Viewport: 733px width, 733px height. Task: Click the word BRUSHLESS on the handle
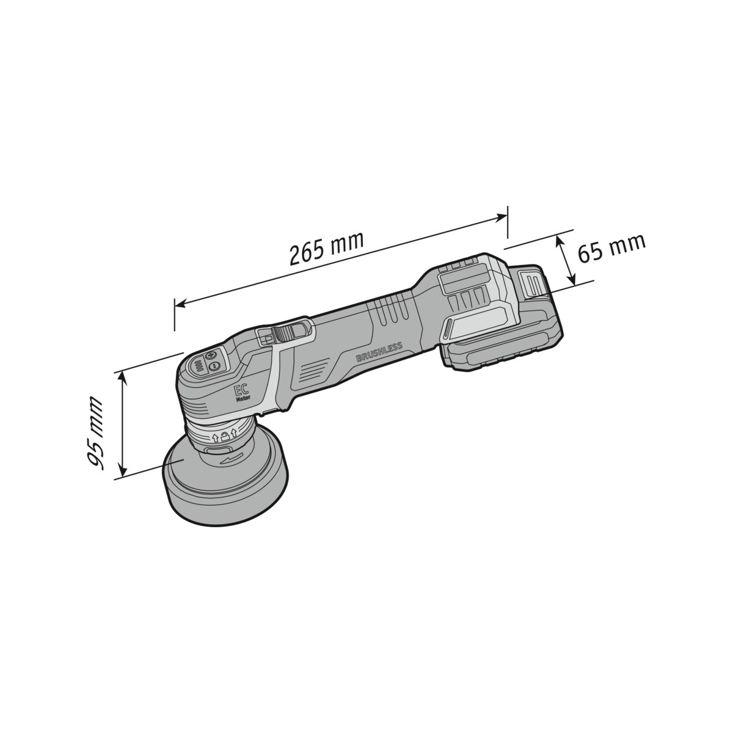tap(379, 352)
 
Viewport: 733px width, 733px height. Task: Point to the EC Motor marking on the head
tap(242, 393)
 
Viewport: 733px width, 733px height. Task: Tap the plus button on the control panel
tap(210, 356)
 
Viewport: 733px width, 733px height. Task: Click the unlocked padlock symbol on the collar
tap(225, 437)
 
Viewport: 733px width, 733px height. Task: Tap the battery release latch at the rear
tap(533, 284)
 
